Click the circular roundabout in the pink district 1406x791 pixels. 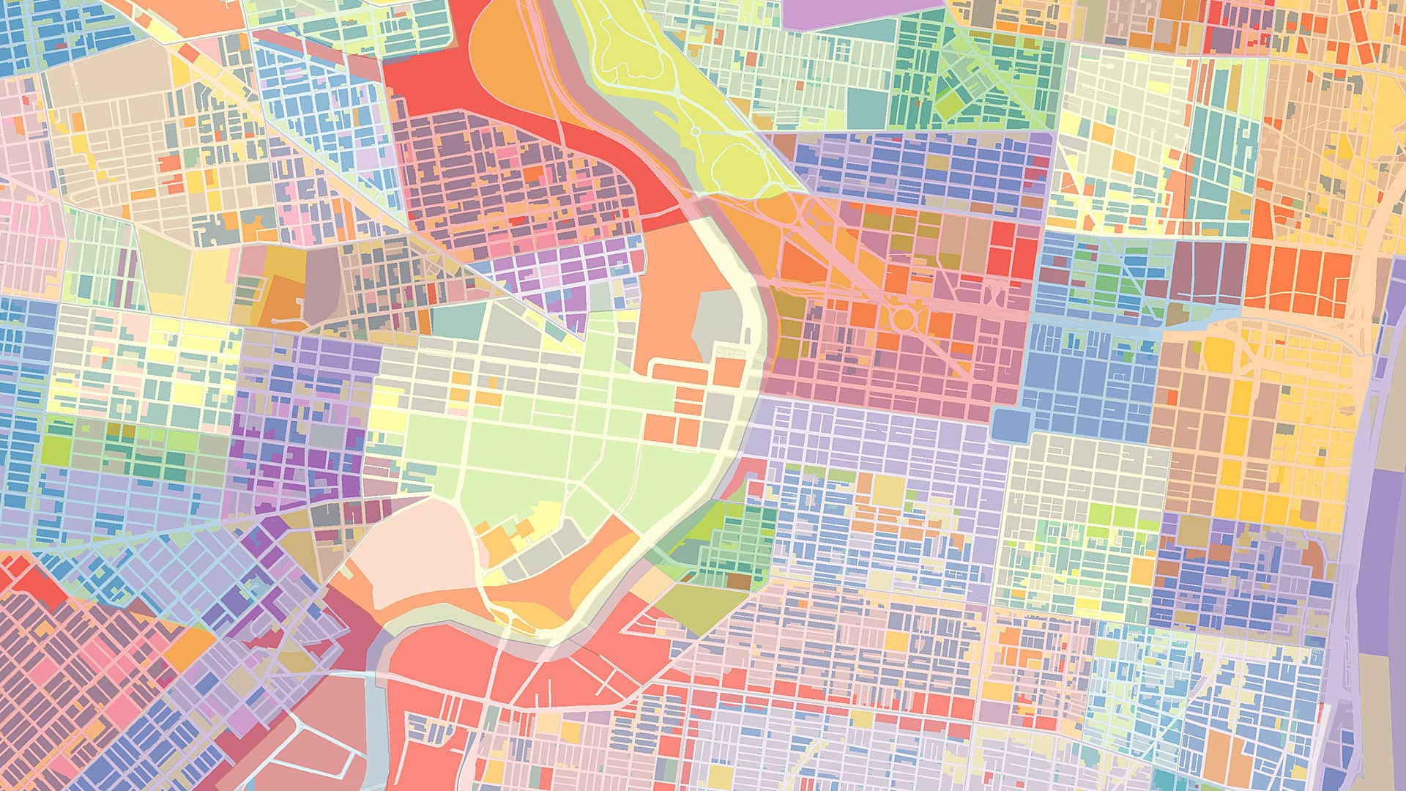point(904,319)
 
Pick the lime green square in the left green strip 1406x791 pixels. point(56,450)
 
